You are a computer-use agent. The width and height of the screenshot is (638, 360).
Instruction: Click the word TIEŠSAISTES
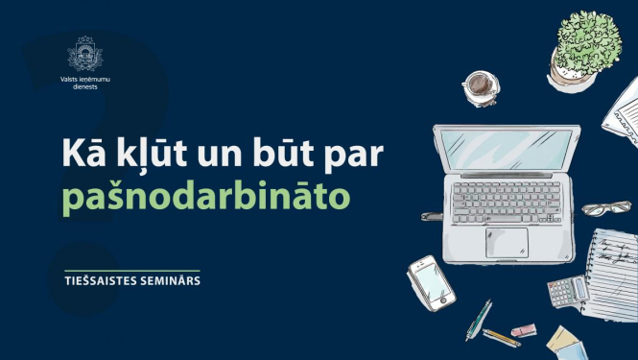[104, 282]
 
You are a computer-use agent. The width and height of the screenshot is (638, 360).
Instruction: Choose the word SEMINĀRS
[175, 282]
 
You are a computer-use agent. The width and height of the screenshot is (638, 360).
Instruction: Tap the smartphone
[431, 282]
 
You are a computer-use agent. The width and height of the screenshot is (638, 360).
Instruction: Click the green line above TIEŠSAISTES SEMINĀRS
[128, 270]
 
